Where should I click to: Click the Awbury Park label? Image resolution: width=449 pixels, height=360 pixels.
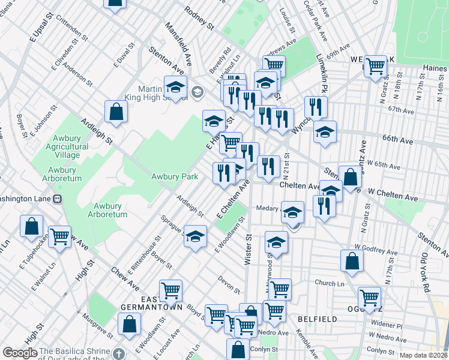pyautogui.click(x=175, y=177)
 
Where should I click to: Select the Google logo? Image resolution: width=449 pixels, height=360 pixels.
pyautogui.click(x=20, y=353)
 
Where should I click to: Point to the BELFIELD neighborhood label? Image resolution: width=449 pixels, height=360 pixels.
pyautogui.click(x=317, y=319)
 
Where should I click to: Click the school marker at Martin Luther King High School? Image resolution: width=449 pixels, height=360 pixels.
pyautogui.click(x=176, y=88)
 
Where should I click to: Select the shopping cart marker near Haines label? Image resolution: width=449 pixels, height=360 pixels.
pyautogui.click(x=375, y=65)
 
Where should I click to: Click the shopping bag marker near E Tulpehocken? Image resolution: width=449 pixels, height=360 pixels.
pyautogui.click(x=32, y=227)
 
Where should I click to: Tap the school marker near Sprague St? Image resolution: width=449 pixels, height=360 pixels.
pyautogui.click(x=195, y=237)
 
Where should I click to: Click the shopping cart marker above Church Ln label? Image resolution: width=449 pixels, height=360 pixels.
pyautogui.click(x=280, y=289)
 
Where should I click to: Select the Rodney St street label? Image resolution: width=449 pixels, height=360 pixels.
pyautogui.click(x=199, y=19)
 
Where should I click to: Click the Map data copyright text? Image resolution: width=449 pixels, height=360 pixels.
pyautogui.click(x=423, y=355)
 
